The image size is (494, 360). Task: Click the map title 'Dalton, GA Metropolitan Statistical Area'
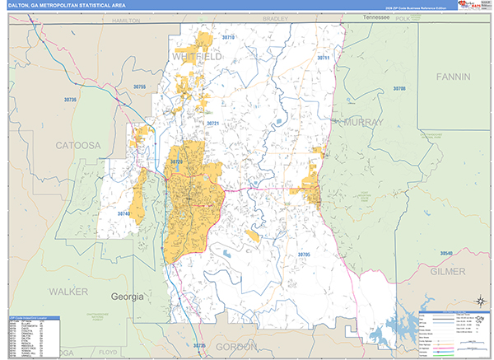coord(68,5)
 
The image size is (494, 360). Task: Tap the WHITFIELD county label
coord(198,55)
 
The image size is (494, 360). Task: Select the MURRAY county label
coord(361,122)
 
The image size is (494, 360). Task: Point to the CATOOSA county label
coord(78,145)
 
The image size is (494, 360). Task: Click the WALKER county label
coord(68,292)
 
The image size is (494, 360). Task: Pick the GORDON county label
coord(236,347)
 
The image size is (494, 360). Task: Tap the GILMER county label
coord(447,270)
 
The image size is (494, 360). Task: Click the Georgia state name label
coord(128,296)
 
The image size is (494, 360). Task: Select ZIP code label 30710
coord(228,38)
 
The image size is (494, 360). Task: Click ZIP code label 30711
coord(323,58)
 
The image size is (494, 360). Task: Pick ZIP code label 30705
coord(303,255)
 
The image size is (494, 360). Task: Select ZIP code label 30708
coord(399,88)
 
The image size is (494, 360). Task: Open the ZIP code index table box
coord(37,336)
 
